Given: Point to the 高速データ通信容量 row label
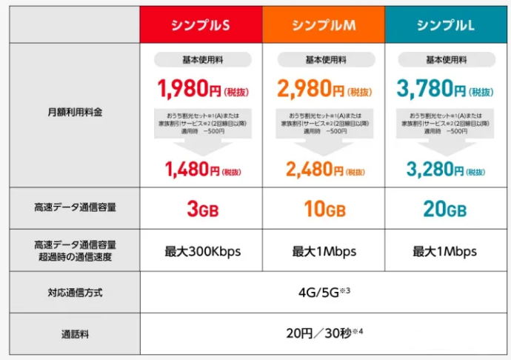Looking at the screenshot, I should (x=74, y=208).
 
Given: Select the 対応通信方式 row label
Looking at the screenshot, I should (x=74, y=293).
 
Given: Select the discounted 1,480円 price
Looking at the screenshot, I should (x=190, y=171).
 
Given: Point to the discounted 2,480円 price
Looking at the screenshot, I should (x=311, y=171).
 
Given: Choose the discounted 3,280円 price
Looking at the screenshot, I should (x=433, y=171).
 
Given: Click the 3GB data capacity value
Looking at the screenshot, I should (x=202, y=210).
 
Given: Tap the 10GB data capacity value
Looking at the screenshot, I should (x=324, y=210).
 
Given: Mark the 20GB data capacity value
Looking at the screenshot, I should (x=445, y=210).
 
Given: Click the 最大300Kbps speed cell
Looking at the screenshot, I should (x=202, y=251).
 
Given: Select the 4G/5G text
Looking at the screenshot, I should (x=319, y=293).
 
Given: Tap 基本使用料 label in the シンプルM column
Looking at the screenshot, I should (x=324, y=59).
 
